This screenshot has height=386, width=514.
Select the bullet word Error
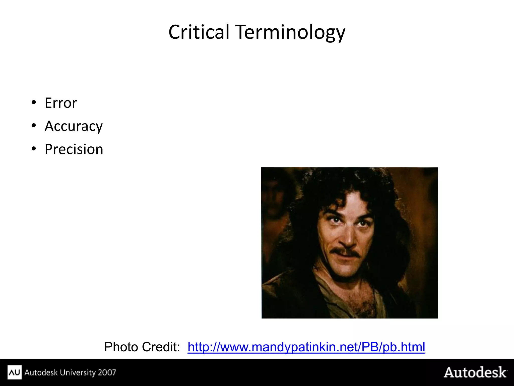point(61,103)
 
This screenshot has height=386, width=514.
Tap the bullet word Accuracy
point(74,126)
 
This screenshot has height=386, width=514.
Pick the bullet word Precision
point(74,149)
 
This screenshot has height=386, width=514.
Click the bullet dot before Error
point(34,103)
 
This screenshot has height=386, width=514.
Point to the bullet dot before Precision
point(34,149)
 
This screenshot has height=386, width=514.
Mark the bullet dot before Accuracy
point(34,126)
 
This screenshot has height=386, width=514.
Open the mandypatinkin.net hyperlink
point(306,347)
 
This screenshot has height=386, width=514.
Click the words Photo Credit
point(142,347)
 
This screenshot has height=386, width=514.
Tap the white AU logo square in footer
point(15,372)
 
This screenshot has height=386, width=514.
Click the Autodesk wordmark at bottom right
point(475,372)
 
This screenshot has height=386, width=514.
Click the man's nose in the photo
point(348,240)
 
